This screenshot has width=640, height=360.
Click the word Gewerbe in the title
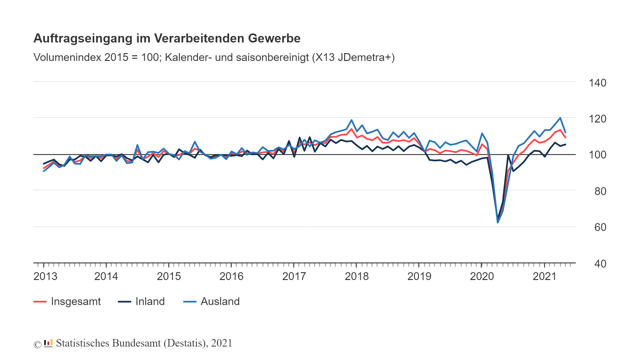[x=274, y=38]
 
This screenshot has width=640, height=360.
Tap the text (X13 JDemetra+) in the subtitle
[x=353, y=57]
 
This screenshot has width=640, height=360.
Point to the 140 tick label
[x=597, y=83]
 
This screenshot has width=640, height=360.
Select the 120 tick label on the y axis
[x=597, y=119]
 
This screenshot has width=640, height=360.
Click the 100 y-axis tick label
[x=597, y=155]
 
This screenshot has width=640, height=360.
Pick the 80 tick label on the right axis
[x=600, y=191]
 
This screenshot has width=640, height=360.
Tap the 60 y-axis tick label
[x=600, y=227]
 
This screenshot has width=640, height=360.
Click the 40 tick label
[x=600, y=264]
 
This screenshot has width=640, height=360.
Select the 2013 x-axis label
[x=45, y=277]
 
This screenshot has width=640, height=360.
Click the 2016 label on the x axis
[x=231, y=277]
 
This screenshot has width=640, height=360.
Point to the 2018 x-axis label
[x=357, y=277]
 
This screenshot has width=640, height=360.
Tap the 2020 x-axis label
[x=482, y=277]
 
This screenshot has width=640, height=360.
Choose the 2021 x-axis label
[x=544, y=277]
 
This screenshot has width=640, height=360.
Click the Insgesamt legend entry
[x=75, y=302]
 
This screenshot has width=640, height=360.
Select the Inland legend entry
[x=150, y=302]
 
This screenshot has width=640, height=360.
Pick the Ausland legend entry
[x=220, y=302]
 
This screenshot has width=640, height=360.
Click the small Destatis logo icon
[x=48, y=343]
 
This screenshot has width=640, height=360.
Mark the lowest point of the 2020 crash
[x=497, y=222]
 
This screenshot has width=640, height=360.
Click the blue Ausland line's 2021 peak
[x=560, y=118]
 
